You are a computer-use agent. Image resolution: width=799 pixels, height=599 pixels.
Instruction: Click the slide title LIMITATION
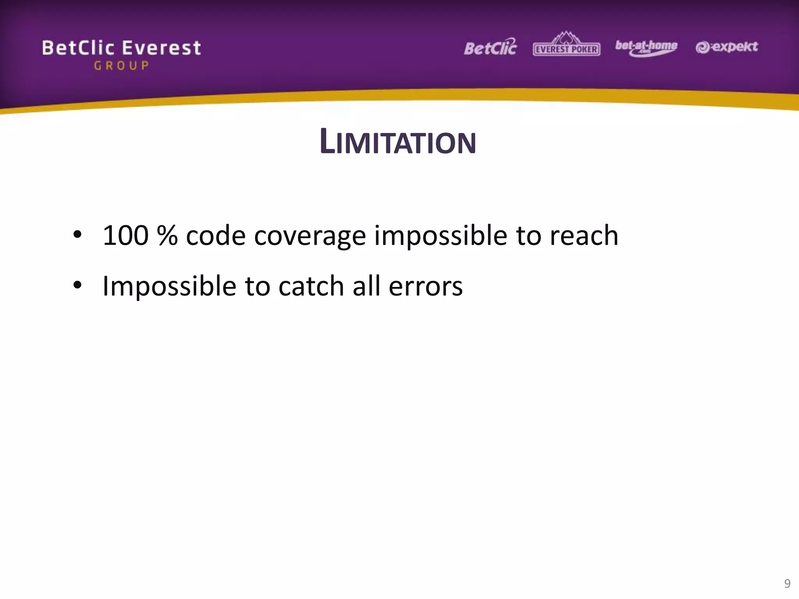[398, 142]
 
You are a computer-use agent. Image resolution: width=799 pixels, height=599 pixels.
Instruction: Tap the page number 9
[787, 583]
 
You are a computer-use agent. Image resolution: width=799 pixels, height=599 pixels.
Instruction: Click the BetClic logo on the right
[490, 48]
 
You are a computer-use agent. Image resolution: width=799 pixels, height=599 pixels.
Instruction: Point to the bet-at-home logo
[646, 48]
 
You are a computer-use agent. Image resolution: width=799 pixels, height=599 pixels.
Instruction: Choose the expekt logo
[726, 47]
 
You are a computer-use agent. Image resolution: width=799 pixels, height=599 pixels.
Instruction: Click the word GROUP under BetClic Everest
[121, 66]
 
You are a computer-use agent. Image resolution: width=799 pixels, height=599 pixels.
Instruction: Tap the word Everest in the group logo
[162, 48]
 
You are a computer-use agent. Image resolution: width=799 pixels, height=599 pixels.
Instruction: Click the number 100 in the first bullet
[126, 236]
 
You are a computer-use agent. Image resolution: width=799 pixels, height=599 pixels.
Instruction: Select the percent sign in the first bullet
[167, 236]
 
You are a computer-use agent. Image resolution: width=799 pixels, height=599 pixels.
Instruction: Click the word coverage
[310, 236]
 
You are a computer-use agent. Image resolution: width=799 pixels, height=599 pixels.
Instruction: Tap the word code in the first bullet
[216, 236]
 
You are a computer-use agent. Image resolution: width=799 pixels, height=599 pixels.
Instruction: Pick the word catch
[311, 286]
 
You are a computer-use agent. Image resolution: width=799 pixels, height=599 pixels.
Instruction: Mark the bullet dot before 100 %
[77, 235]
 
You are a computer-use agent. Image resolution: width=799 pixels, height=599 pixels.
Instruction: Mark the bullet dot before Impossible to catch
[77, 285]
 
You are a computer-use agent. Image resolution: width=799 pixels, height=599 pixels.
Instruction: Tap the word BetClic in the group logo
[78, 48]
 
